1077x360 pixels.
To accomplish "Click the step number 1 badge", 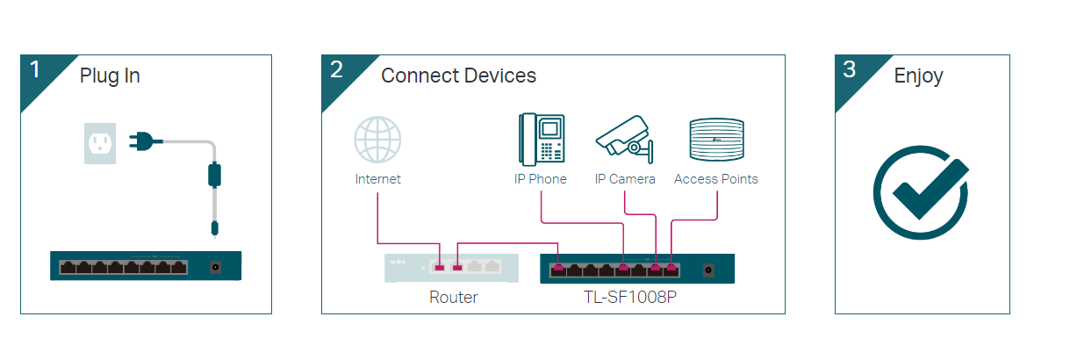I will point(35,70).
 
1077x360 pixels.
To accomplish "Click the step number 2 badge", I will point(336,70).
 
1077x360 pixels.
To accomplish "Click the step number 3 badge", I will point(849,70).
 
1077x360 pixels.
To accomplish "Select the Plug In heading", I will point(110,76).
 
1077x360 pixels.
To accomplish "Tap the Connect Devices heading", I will point(458,76).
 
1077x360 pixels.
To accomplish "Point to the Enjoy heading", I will point(918,76).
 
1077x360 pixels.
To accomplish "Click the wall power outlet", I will point(100,142).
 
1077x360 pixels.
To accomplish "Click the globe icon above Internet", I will point(377,140).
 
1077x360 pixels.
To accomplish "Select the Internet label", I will point(377,179).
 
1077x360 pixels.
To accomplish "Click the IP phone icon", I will point(540,139).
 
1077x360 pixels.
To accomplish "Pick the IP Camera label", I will point(625,179).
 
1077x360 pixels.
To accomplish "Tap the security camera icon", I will point(625,139).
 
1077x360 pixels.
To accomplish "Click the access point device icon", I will point(716,139).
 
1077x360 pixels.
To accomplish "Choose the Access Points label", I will point(716,179).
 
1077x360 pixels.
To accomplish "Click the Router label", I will point(454,298).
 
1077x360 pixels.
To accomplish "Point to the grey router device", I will point(451,267).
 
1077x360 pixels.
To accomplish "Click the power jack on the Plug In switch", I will point(214,266).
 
